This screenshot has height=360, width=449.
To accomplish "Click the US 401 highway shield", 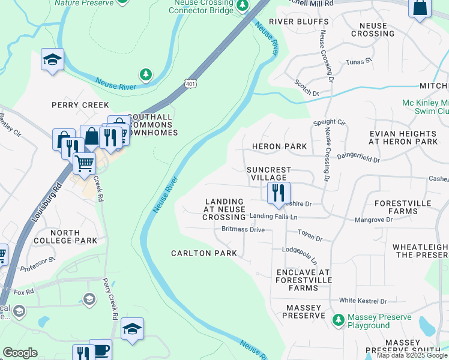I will tap(190, 83).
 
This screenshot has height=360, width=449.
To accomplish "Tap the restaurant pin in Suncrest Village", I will tap(278, 193).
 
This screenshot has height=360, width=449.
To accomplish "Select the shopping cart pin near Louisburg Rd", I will tap(84, 162).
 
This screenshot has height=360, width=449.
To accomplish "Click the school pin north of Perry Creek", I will tap(53, 59).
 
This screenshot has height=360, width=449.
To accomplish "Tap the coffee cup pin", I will tap(100, 350).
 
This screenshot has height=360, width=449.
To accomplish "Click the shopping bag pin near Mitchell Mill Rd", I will tap(420, 8).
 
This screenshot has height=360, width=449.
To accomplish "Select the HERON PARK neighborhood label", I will tap(279, 146).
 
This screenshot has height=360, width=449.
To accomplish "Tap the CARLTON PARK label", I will tap(199, 253).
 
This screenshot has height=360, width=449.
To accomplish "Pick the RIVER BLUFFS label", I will tap(298, 22).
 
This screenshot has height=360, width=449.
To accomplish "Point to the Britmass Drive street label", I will tap(243, 229).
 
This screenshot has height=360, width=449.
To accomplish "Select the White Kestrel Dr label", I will tap(363, 301).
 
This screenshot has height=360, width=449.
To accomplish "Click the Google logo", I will tap(20, 353).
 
